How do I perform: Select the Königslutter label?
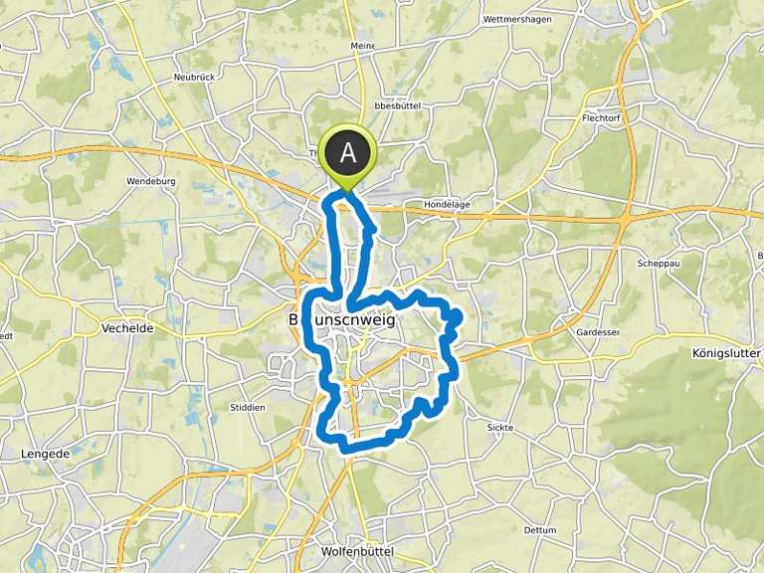pos(725,353)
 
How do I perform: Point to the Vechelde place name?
pos(126,326)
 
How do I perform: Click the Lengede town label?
pos(44,454)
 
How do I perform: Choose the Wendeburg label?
pos(147,182)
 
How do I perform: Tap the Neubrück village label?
pos(194,77)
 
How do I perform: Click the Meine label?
pos(362,46)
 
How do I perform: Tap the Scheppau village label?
pos(657,264)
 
